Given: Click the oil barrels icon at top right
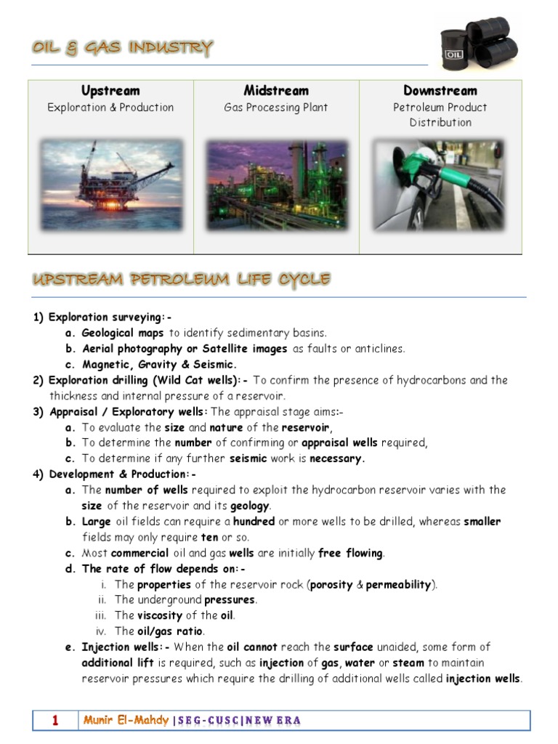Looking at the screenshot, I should [480, 44].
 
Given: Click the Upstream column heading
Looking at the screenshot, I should [110, 91].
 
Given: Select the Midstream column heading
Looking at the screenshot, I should [276, 91].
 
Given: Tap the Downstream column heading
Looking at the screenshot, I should [440, 91].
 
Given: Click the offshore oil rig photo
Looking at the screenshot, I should [111, 185].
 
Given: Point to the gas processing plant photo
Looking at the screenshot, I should [276, 185].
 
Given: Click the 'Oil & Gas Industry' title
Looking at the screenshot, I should [122, 49].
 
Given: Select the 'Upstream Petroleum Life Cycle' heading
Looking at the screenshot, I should [182, 280].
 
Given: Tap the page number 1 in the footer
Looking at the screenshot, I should [55, 721].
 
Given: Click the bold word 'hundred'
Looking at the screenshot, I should [254, 522].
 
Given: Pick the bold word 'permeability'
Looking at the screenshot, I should [398, 584].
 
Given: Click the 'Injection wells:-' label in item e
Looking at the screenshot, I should [126, 647].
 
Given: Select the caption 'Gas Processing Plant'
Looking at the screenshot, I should [276, 108].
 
